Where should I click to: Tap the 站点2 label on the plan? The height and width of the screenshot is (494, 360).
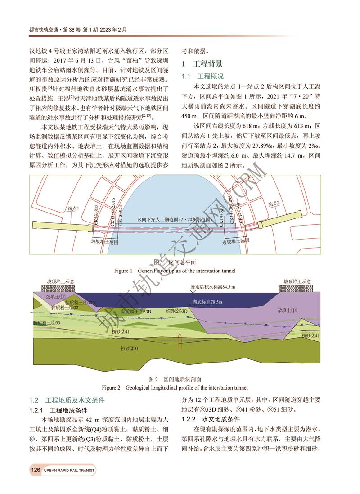coord(274,204)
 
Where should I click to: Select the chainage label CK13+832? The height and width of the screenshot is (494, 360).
coord(96,214)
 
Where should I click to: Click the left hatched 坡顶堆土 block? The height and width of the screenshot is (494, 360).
coord(58,287)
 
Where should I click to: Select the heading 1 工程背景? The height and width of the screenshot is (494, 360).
coord(202,63)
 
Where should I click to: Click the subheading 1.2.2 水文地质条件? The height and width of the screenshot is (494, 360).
coord(211,419)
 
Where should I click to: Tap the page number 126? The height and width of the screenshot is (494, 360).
coord(36,470)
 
